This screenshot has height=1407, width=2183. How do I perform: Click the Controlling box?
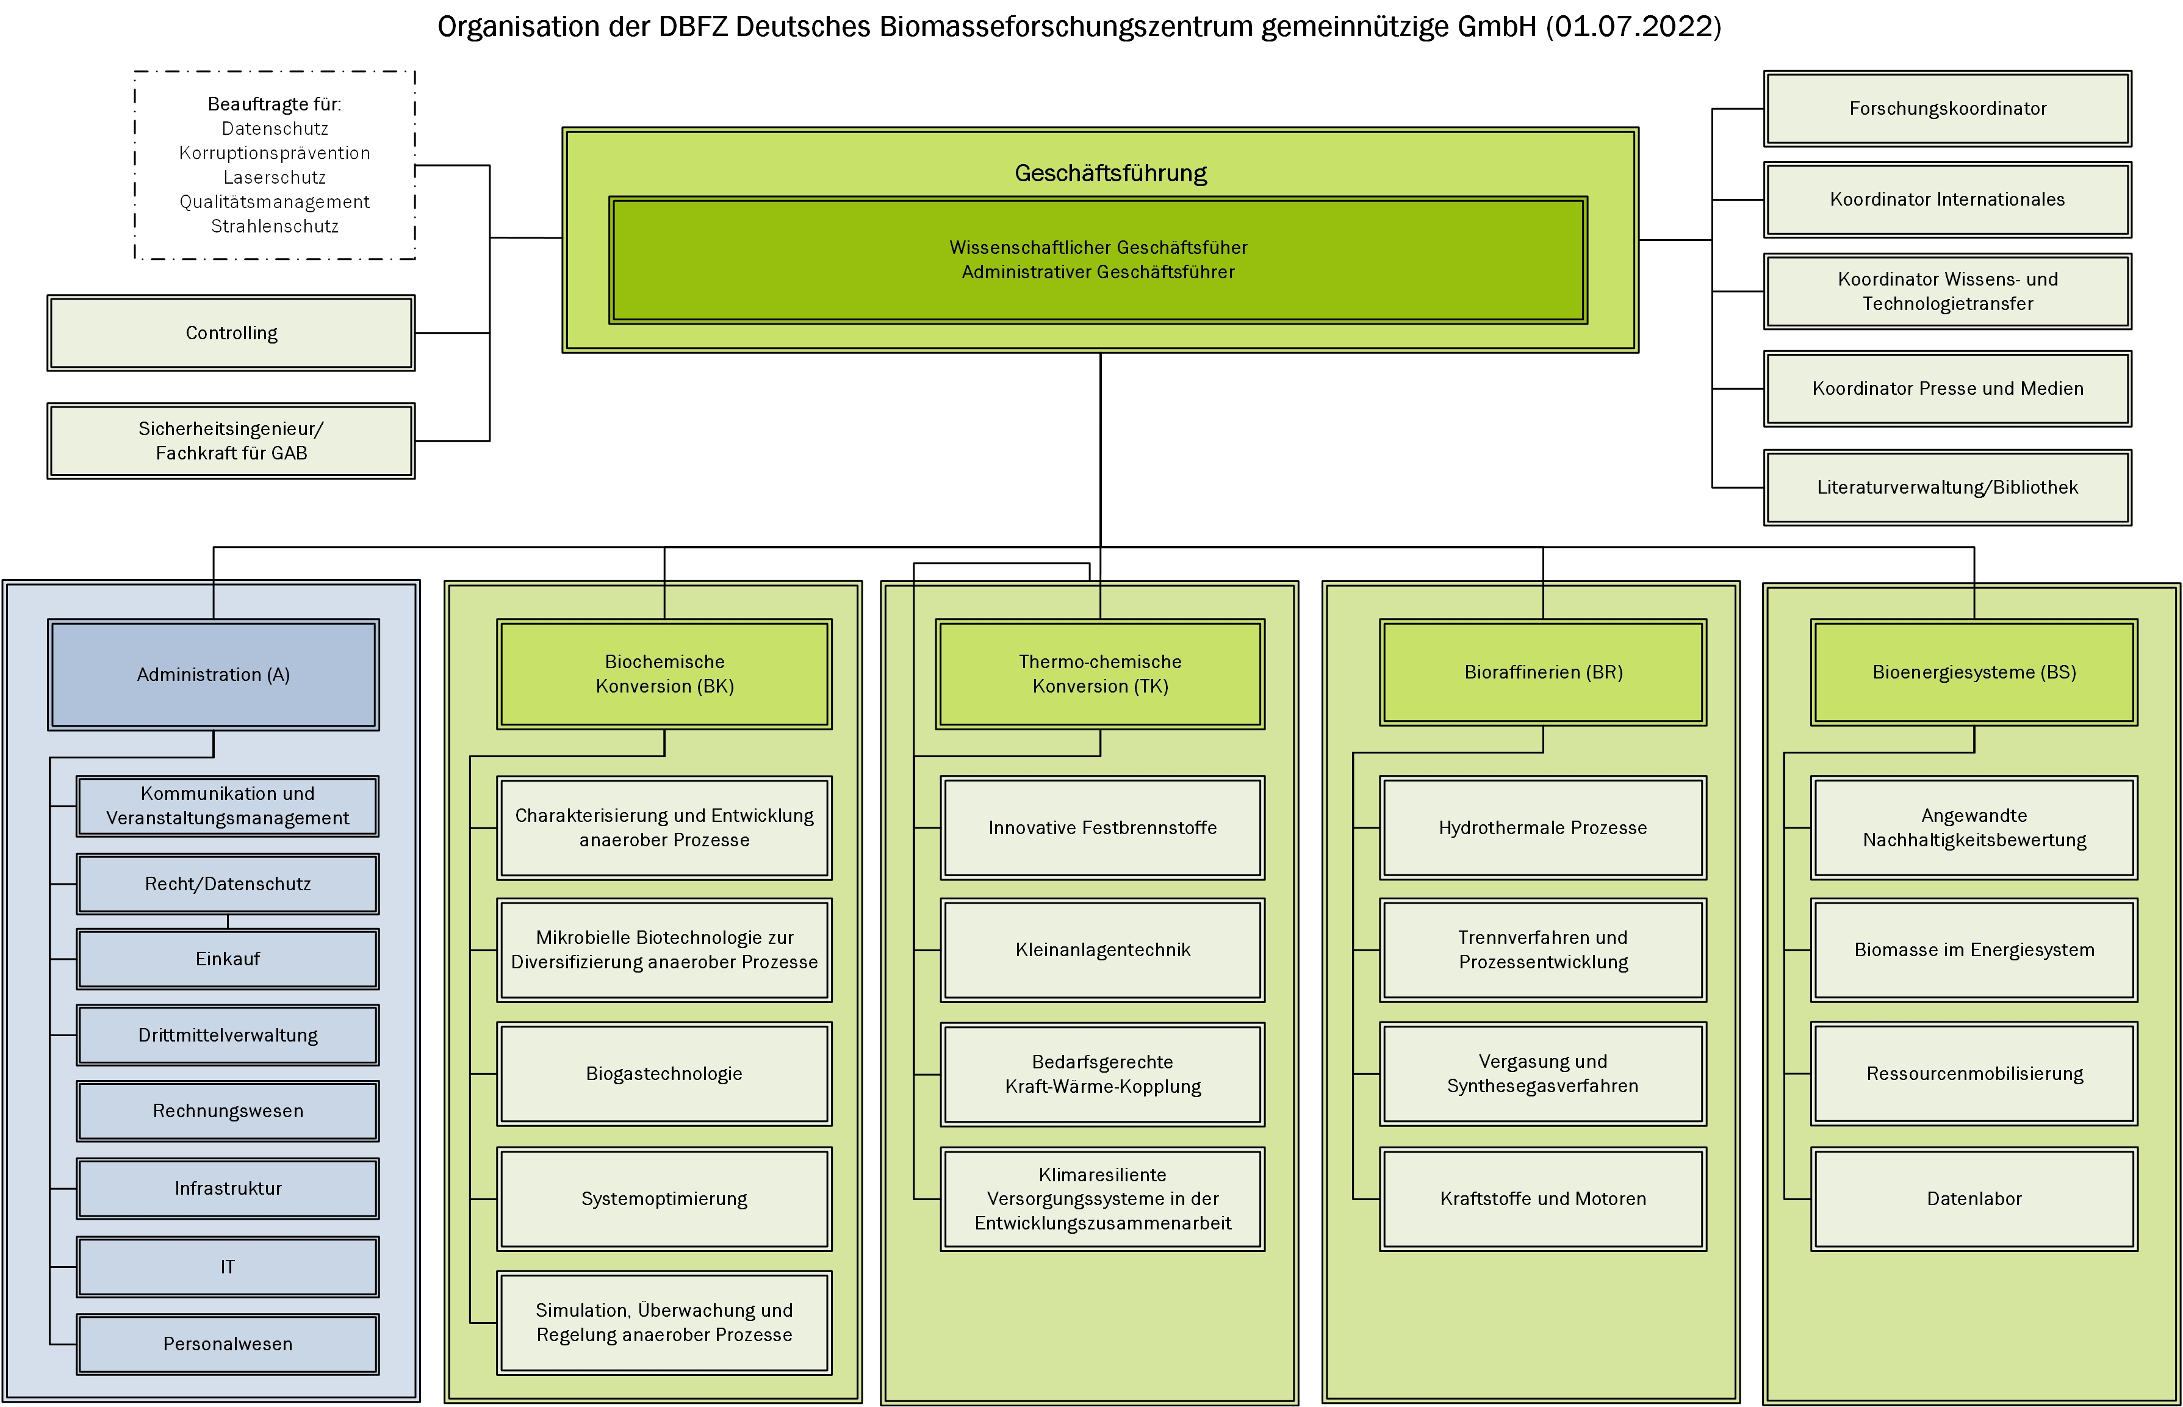click(231, 333)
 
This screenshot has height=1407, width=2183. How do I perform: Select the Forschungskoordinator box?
click(1947, 109)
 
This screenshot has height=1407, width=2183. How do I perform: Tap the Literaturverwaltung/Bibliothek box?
click(1947, 487)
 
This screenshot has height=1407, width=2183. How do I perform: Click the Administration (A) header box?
click(214, 674)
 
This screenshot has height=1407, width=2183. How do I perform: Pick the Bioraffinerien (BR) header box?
click(1543, 672)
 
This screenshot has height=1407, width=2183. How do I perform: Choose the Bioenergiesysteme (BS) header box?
click(1974, 672)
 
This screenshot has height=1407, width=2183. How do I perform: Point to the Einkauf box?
click(228, 959)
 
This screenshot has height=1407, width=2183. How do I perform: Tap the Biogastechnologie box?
click(664, 1073)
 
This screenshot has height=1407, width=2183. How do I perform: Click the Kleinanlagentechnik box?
click(1102, 950)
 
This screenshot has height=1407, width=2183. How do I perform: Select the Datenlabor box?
click(1974, 1199)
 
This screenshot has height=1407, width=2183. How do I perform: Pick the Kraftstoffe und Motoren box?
click(1543, 1199)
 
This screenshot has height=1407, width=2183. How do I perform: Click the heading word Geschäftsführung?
click(1110, 173)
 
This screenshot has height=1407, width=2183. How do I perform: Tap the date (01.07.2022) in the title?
click(1633, 26)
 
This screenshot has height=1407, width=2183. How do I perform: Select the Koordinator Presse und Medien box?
click(1947, 388)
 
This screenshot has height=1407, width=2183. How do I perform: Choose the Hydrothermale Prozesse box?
click(1543, 828)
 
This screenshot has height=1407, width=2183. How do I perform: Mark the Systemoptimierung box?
click(664, 1199)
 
